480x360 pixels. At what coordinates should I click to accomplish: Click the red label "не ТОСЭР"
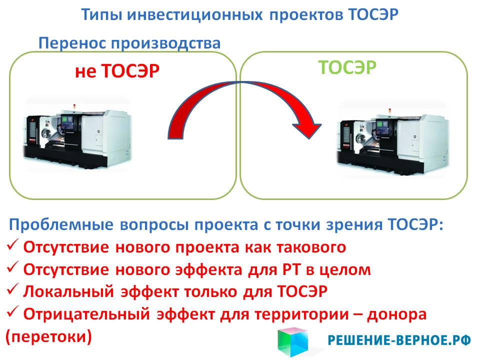[117, 71]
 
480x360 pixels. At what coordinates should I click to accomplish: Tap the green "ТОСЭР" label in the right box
[347, 67]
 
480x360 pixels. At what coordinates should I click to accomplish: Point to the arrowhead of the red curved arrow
[307, 130]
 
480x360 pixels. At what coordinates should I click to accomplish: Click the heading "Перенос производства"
[129, 43]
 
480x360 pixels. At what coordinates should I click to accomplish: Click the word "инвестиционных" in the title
[194, 14]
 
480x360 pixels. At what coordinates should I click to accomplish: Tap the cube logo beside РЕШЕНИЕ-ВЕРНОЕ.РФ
[293, 342]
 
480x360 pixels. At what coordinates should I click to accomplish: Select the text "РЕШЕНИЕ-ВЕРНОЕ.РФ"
[399, 340]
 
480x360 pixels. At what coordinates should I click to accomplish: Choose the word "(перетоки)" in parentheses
[48, 336]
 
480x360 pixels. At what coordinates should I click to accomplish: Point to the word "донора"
[396, 314]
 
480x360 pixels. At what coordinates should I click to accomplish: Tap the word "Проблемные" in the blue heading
[61, 225]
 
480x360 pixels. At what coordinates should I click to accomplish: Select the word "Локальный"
[68, 291]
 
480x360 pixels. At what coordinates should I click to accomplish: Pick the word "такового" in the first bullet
[311, 247]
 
